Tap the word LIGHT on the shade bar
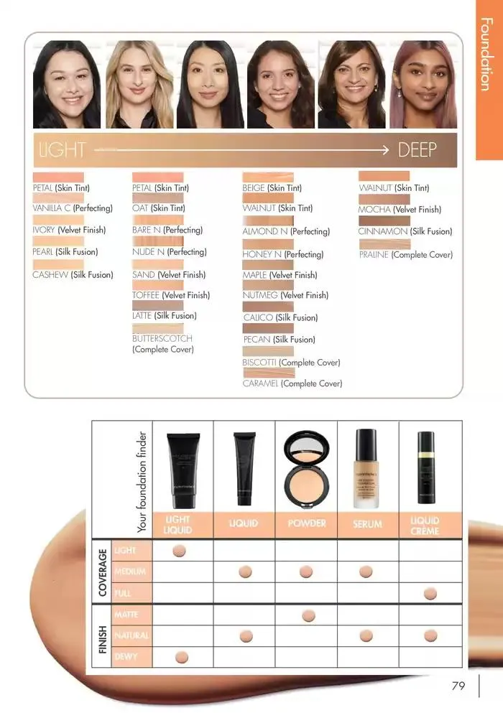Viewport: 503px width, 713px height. [x=61, y=150]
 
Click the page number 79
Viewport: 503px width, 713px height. [x=458, y=686]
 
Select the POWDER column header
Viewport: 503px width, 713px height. [x=307, y=523]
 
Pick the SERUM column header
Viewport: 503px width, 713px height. [x=367, y=524]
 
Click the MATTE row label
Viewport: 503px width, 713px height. [x=126, y=615]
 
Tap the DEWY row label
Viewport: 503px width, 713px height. [x=124, y=656]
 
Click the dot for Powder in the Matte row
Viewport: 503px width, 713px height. [x=308, y=615]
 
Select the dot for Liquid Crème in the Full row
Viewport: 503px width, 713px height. [x=430, y=593]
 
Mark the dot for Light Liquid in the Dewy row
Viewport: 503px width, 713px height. [x=181, y=656]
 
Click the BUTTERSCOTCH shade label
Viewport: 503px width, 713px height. [x=162, y=338]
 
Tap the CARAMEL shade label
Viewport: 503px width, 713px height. [x=261, y=384]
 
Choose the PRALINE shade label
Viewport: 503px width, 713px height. [x=374, y=255]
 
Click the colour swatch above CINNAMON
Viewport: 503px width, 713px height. [x=384, y=220]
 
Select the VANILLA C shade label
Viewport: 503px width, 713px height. [x=53, y=208]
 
